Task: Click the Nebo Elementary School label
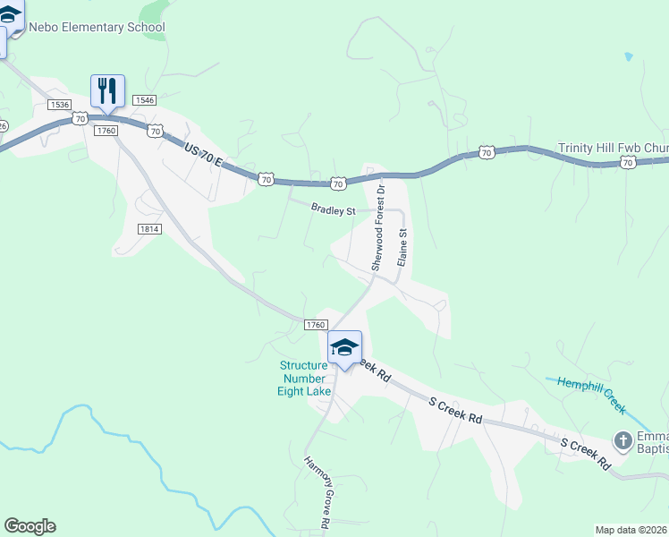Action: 97,27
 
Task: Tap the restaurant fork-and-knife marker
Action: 107,91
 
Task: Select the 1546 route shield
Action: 144,100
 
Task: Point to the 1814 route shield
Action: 149,229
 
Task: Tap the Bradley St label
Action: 333,209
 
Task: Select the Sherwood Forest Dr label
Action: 379,228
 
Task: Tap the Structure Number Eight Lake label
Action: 304,379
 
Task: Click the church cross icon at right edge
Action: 623,439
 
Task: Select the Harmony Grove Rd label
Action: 316,493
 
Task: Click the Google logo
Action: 30,526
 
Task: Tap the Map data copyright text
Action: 631,530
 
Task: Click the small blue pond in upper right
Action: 629,56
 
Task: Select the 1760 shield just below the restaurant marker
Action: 106,131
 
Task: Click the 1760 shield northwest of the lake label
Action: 315,325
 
